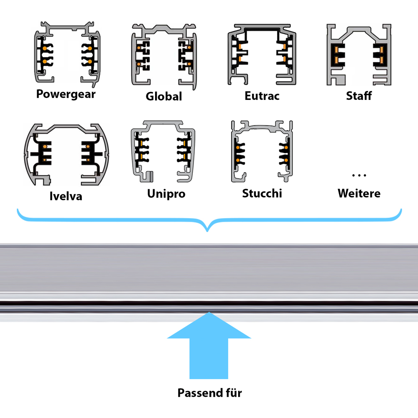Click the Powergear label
66,94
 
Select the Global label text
164,97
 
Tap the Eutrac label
262,96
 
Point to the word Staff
359,96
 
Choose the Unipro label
166,194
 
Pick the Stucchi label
262,194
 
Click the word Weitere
359,194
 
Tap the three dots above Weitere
359,175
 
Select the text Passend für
209,393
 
